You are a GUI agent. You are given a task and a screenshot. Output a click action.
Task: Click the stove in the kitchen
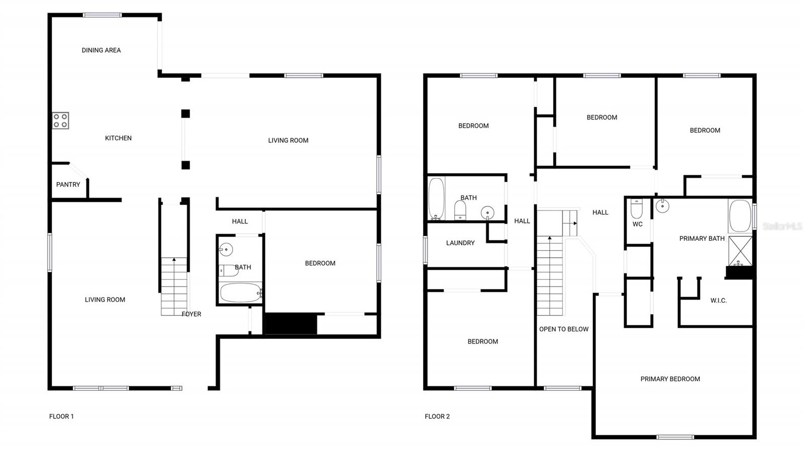(x=61, y=121)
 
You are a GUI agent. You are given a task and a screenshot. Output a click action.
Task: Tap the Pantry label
(x=68, y=185)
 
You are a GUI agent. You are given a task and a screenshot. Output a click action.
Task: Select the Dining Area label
(x=101, y=50)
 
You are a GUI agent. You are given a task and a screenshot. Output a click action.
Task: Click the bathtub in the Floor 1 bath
(x=240, y=293)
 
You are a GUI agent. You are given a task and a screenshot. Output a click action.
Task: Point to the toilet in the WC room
(x=637, y=208)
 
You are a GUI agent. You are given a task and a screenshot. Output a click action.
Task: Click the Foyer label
(x=191, y=314)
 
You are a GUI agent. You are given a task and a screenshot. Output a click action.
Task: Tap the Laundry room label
(x=460, y=243)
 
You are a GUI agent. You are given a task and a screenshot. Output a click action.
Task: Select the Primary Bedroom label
(x=670, y=379)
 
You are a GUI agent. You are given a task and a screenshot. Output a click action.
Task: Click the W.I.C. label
(x=718, y=301)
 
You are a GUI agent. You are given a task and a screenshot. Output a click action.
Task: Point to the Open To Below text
(x=564, y=329)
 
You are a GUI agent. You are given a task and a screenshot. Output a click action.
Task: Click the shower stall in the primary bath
(x=740, y=250)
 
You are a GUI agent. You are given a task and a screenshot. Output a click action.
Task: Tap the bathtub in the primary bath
(x=740, y=216)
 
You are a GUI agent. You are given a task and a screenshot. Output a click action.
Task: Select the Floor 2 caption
(x=437, y=416)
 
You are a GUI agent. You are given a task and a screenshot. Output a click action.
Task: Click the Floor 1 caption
(x=61, y=416)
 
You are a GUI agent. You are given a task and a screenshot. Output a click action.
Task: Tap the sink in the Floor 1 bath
(x=226, y=249)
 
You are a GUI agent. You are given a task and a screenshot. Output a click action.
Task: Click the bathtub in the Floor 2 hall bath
(x=436, y=199)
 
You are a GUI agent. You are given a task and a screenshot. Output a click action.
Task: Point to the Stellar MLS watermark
(x=782, y=227)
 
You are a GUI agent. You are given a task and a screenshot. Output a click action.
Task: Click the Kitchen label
(x=118, y=138)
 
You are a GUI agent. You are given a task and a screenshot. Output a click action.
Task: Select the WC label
(x=637, y=224)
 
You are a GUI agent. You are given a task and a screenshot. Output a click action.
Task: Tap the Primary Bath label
(x=701, y=238)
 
